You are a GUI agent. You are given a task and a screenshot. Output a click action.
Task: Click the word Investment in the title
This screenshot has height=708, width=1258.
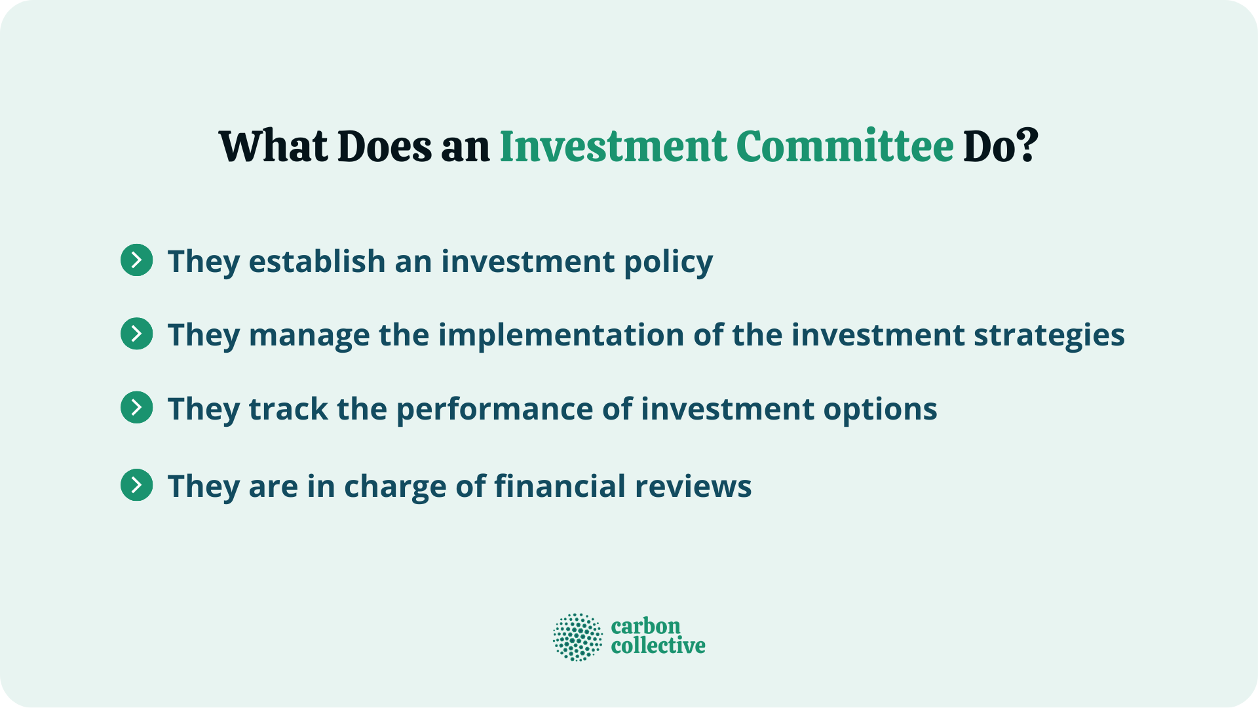(x=613, y=146)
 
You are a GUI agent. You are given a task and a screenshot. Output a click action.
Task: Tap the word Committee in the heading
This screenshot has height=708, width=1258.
(x=845, y=146)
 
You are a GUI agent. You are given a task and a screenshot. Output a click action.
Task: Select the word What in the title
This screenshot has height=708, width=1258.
(x=273, y=146)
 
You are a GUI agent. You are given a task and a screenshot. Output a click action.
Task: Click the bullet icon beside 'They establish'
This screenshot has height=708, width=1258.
(x=137, y=260)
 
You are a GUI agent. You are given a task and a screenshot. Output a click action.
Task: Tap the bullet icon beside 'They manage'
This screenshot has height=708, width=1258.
(x=137, y=334)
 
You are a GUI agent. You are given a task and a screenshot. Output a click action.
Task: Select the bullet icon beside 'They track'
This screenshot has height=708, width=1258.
(x=137, y=408)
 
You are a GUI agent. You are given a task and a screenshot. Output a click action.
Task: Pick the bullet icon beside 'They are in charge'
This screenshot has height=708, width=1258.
(x=137, y=485)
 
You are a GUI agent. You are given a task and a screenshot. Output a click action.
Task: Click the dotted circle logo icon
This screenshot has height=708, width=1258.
(x=577, y=637)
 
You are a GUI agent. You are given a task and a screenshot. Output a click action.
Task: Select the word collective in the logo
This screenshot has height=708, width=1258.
(x=658, y=646)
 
